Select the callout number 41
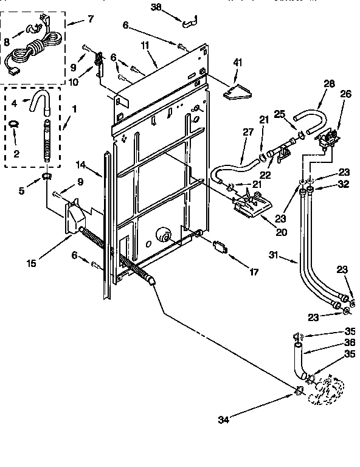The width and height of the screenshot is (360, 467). coord(238,63)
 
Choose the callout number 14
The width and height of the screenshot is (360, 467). coord(80,164)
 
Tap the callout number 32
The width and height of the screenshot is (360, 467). coord(344,185)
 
